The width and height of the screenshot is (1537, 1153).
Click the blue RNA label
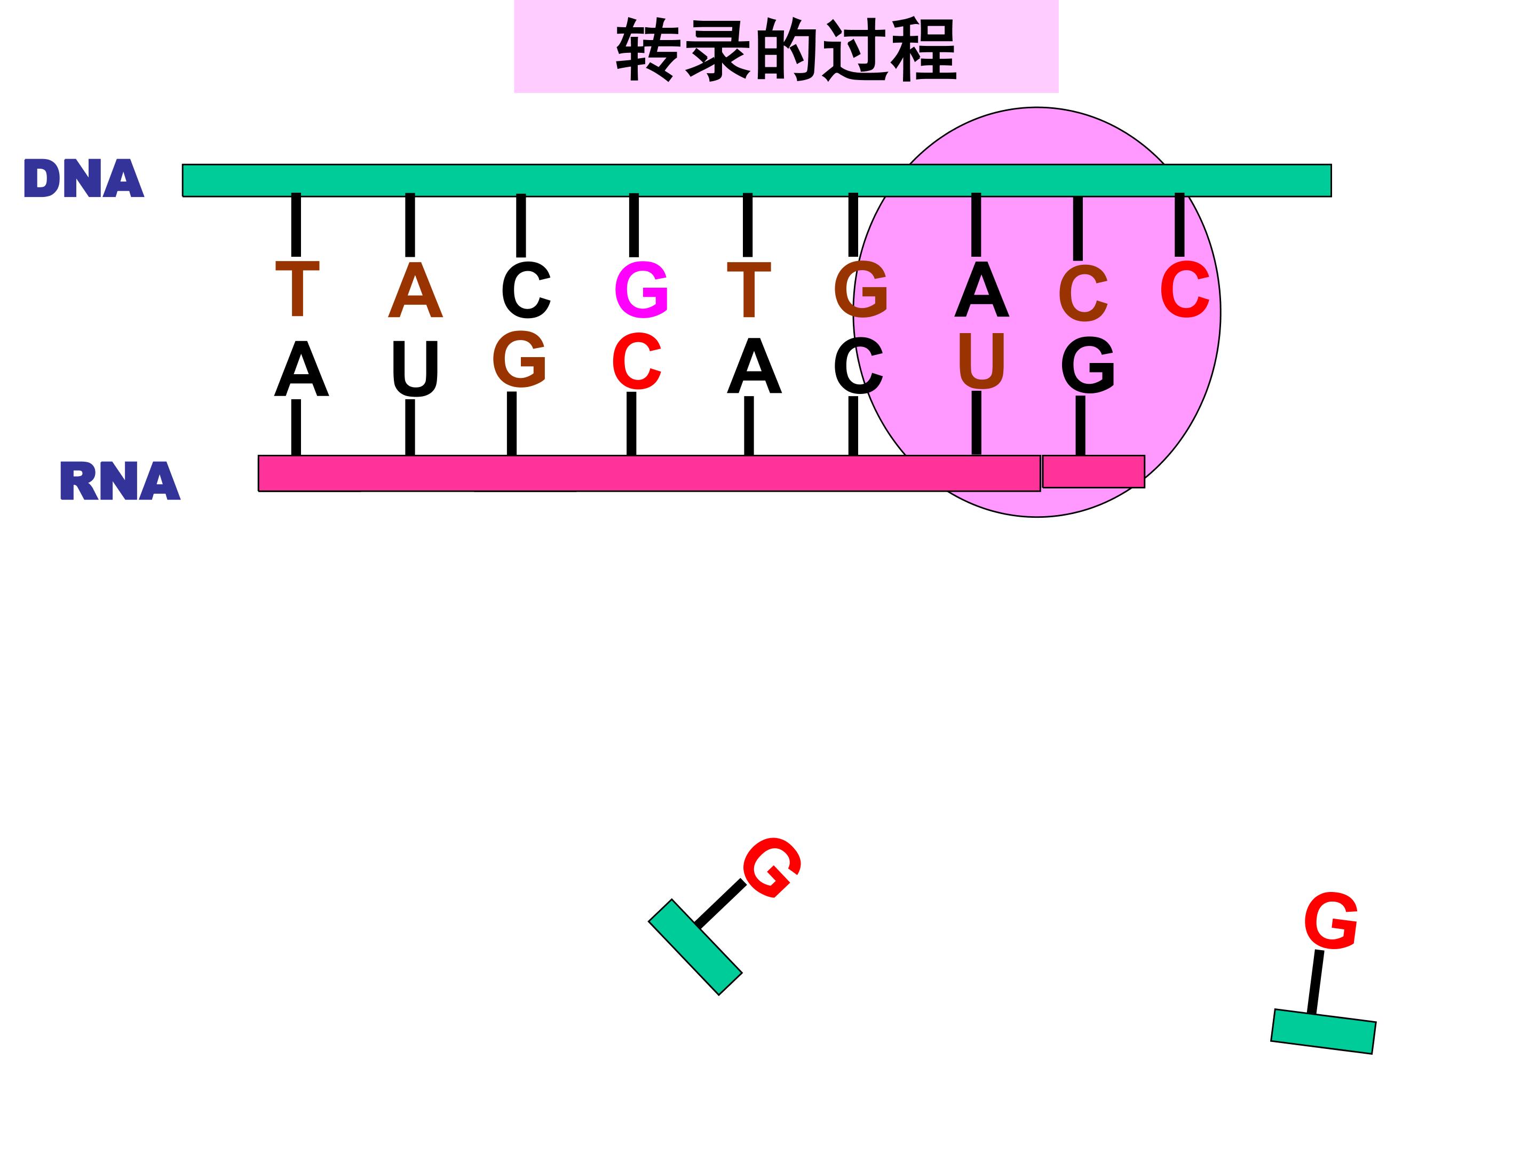pyautogui.click(x=120, y=481)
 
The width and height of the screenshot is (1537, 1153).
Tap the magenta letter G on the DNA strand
pyautogui.click(x=641, y=290)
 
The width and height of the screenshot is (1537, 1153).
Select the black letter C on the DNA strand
pyautogui.click(x=526, y=290)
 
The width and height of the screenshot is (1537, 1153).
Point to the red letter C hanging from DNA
pyautogui.click(x=1185, y=289)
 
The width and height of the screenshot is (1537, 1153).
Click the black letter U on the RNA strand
pyautogui.click(x=415, y=369)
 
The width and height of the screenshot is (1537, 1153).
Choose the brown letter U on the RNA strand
pyautogui.click(x=981, y=361)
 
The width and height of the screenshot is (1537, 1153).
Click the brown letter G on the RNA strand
pyautogui.click(x=519, y=359)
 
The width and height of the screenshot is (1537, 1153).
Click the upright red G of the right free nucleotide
pyautogui.click(x=1330, y=921)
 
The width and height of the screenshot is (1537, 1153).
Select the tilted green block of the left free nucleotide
pyautogui.click(x=695, y=947)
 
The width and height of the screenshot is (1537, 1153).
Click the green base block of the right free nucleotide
pyautogui.click(x=1323, y=1031)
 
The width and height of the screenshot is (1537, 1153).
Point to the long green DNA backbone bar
pyautogui.click(x=757, y=181)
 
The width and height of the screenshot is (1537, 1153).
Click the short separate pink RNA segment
pyautogui.click(x=1093, y=472)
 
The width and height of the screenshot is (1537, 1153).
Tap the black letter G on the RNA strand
pyautogui.click(x=1088, y=365)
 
